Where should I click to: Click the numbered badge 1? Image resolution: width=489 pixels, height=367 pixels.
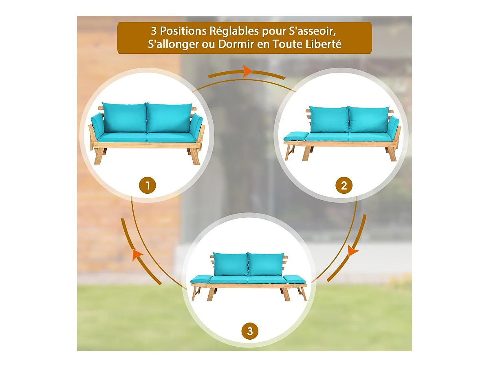coord(148,186)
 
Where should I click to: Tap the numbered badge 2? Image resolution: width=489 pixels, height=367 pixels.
coord(344,186)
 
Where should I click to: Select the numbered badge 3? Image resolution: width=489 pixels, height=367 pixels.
coord(250,331)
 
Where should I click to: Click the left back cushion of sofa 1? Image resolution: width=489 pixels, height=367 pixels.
coord(124,118)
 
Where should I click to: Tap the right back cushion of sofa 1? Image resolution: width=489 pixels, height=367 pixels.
coord(169,118)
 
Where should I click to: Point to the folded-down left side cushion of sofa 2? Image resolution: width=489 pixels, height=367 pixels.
coord(294,136)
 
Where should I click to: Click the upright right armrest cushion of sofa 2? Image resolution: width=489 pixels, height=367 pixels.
coord(393,127)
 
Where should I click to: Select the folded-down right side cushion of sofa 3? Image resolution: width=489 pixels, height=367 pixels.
coord(294,279)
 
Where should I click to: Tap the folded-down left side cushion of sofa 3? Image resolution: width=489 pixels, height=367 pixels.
coord(201,279)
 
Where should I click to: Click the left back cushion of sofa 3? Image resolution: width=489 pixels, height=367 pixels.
coord(230,264)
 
